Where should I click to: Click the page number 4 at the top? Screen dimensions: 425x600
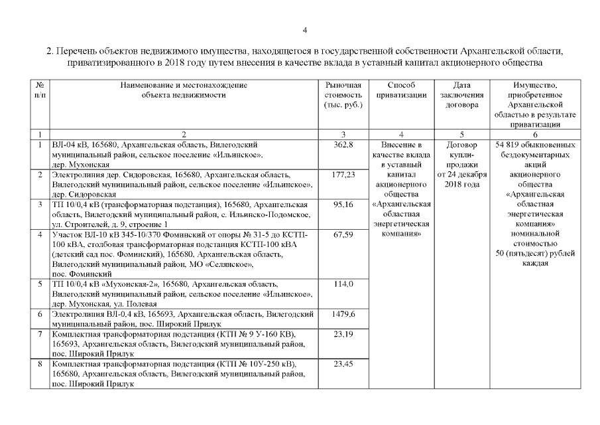(304, 30)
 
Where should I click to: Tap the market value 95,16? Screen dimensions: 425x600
(344, 205)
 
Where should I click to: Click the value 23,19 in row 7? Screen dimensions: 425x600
(344, 333)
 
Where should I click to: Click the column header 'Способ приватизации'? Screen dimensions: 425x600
(400, 90)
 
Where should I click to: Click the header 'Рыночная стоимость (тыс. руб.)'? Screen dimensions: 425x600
(343, 95)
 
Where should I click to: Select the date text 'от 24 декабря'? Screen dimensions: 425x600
(463, 174)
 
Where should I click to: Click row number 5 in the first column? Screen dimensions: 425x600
(41, 284)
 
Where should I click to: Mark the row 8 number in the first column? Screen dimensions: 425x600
(41, 364)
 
